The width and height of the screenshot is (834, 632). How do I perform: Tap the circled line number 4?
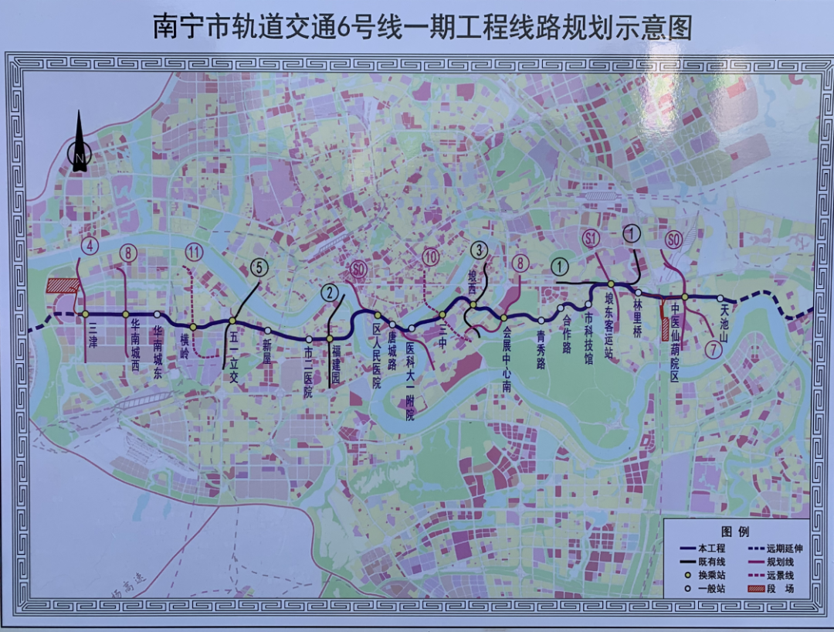coord(91,247)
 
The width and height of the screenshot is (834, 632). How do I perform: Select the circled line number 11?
coord(194,251)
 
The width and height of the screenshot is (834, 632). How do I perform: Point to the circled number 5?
coord(259,268)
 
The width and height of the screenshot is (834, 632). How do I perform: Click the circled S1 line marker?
coord(592,239)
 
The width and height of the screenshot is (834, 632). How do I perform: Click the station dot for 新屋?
coord(268,330)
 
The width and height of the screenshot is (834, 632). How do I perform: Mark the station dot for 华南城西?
coord(125,314)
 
